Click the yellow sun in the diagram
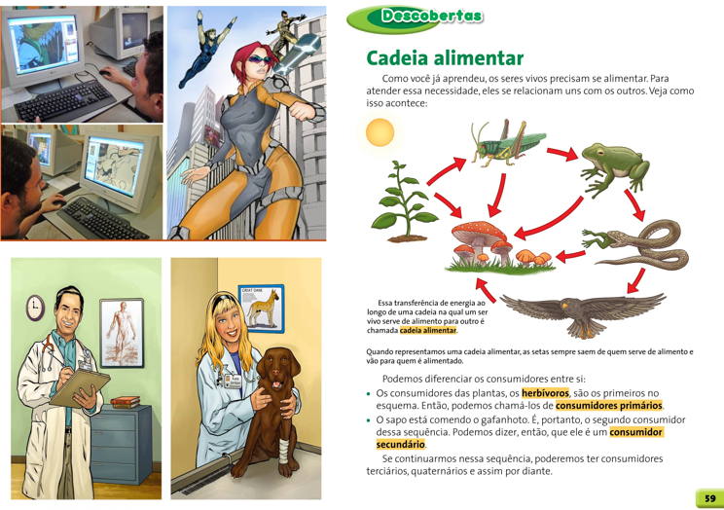[380, 132]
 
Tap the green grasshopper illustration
[507, 144]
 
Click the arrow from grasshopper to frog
[561, 154]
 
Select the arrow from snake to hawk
[636, 280]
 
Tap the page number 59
[710, 498]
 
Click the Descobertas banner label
[431, 17]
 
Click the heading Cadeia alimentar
[445, 58]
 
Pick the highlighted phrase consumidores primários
[608, 406]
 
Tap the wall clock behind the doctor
[35, 309]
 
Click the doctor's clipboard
[80, 387]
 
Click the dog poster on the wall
[262, 309]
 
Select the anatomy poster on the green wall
[122, 333]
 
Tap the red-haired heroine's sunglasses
[261, 59]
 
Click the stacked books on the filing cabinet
[125, 401]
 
